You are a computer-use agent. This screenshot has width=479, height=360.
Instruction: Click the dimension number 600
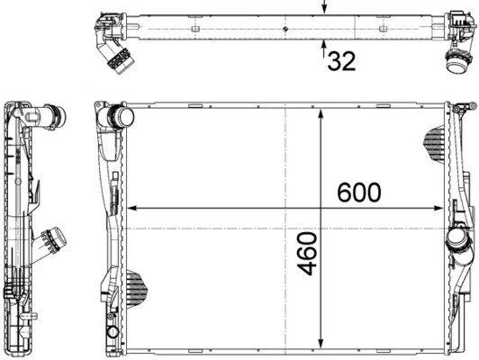point(358,192)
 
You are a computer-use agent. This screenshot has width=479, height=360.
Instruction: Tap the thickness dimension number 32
point(341,61)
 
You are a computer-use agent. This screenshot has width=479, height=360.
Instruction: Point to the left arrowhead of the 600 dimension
point(137,209)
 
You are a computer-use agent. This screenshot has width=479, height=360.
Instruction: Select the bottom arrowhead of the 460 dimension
point(321,346)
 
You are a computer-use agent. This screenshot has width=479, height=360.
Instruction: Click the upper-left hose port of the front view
point(119,118)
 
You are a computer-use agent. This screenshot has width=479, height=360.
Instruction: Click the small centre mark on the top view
point(284,31)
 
